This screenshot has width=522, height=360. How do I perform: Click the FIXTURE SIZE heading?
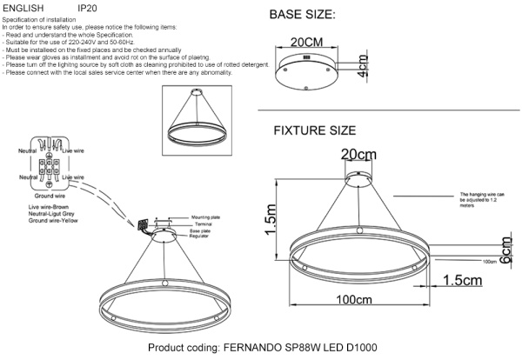tap(315, 131)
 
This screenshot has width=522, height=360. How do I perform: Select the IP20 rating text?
tap(88, 6)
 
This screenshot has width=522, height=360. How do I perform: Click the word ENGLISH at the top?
tap(22, 6)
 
